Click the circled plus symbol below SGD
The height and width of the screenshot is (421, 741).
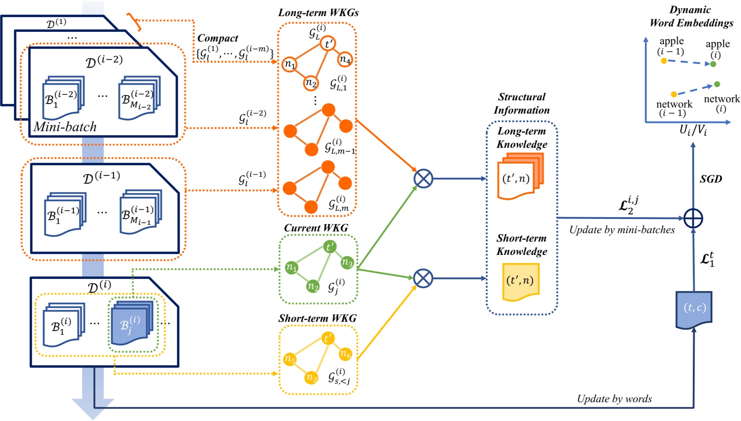click(693, 218)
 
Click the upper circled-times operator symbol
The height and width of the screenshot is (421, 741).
click(423, 179)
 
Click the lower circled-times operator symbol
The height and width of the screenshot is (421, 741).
click(423, 278)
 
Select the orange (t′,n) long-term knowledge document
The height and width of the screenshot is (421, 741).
click(519, 177)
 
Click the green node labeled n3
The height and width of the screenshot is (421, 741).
click(347, 263)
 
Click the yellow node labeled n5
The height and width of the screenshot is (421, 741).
click(290, 359)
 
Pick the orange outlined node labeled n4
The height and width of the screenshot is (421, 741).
click(345, 59)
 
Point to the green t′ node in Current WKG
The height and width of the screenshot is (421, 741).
click(329, 247)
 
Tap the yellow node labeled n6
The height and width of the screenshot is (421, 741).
click(345, 354)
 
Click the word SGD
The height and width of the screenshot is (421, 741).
click(711, 179)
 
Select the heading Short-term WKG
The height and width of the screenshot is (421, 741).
click(317, 318)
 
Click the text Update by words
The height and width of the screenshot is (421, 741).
click(614, 398)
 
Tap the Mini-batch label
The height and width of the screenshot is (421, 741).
click(65, 127)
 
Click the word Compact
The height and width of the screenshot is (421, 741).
click(217, 38)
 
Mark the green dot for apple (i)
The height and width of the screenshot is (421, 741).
click(713, 64)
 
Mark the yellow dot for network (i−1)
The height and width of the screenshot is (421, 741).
click(674, 94)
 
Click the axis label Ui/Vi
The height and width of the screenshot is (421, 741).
click(693, 130)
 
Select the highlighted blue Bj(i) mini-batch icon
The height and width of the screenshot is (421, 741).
click(132, 323)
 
